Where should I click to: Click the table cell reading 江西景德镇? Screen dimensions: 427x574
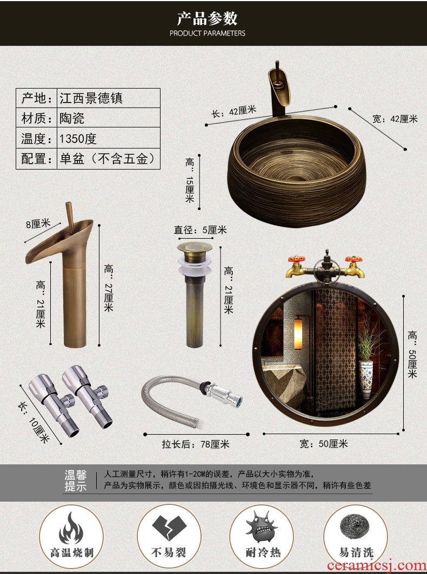point(109,98)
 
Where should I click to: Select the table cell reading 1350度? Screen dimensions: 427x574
point(109,138)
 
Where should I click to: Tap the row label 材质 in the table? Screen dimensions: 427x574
point(36,118)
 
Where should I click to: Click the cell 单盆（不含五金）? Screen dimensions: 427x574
point(109,159)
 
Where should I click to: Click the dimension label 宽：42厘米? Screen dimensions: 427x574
point(395,118)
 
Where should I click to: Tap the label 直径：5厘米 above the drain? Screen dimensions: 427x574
point(200,230)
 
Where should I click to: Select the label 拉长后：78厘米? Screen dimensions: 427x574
point(196,444)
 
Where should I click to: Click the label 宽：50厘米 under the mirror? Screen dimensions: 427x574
point(324,444)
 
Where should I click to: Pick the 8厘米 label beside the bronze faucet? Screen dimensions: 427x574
point(38,224)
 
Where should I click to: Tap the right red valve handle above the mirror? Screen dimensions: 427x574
point(354,260)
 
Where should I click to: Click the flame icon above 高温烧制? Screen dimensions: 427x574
point(71,528)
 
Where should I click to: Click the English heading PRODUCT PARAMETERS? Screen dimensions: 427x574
point(208,33)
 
